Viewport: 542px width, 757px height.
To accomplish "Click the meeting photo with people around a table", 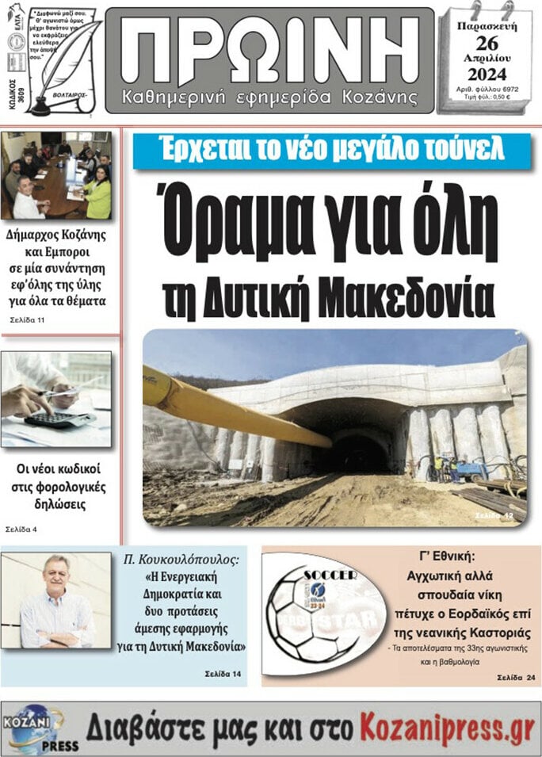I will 56,176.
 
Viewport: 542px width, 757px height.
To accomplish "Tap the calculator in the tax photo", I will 60,419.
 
